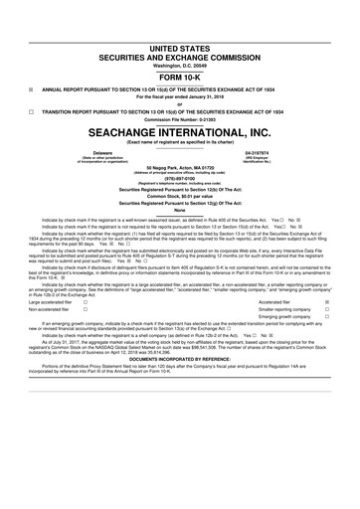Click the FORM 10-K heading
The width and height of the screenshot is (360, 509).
coord(180,77)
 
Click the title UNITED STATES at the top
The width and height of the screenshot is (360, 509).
coord(180,47)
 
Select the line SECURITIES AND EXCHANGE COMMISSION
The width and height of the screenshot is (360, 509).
coord(180,57)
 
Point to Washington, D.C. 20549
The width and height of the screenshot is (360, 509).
coord(180,66)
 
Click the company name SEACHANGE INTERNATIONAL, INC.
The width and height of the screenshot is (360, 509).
coord(180,132)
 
